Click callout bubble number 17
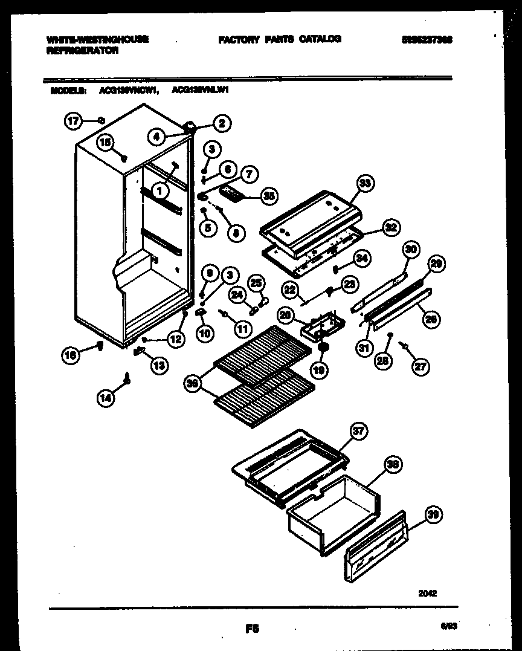(72, 121)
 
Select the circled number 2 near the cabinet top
(221, 123)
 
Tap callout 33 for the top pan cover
(365, 183)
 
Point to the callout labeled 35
(269, 195)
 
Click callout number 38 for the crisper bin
(393, 464)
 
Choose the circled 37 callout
(359, 430)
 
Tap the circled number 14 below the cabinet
(105, 397)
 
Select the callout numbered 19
(320, 369)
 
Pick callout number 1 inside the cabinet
(159, 191)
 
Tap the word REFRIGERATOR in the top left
(82, 51)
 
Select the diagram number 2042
(427, 594)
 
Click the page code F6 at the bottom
(252, 629)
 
